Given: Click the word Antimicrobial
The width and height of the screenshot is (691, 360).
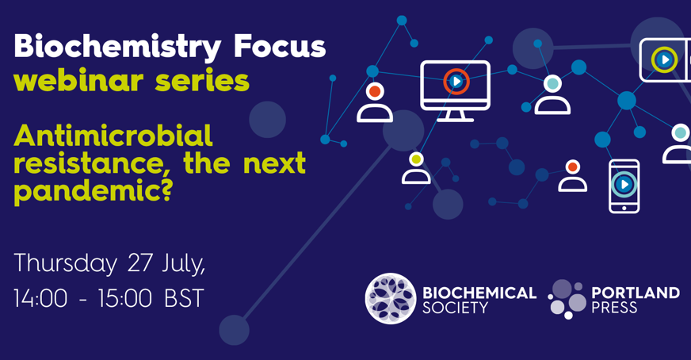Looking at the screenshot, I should tap(113, 136).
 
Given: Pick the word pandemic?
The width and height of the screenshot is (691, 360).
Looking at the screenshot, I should tap(93, 191).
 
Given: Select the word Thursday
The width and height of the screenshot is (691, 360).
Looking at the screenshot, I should tap(65, 263).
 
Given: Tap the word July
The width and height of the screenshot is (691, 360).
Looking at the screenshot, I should tap(185, 263).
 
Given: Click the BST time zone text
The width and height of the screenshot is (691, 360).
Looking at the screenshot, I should tap(184, 298).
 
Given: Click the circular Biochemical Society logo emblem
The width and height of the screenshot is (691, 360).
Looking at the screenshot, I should tap(390, 299).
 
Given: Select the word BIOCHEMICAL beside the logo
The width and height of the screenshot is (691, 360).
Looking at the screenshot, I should tap(479, 293).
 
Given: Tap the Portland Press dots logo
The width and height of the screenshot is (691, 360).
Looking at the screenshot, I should tap(567, 299).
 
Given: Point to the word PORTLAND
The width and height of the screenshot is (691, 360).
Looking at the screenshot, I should tap(635, 293).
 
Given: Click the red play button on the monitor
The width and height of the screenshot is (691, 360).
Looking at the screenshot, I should tap(456, 82).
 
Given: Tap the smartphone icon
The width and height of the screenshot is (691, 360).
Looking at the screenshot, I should tap(624, 186).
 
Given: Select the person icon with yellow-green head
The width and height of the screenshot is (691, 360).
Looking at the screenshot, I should tap(416, 168).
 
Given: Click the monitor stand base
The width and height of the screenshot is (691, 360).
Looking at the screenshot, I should tap(455, 118).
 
